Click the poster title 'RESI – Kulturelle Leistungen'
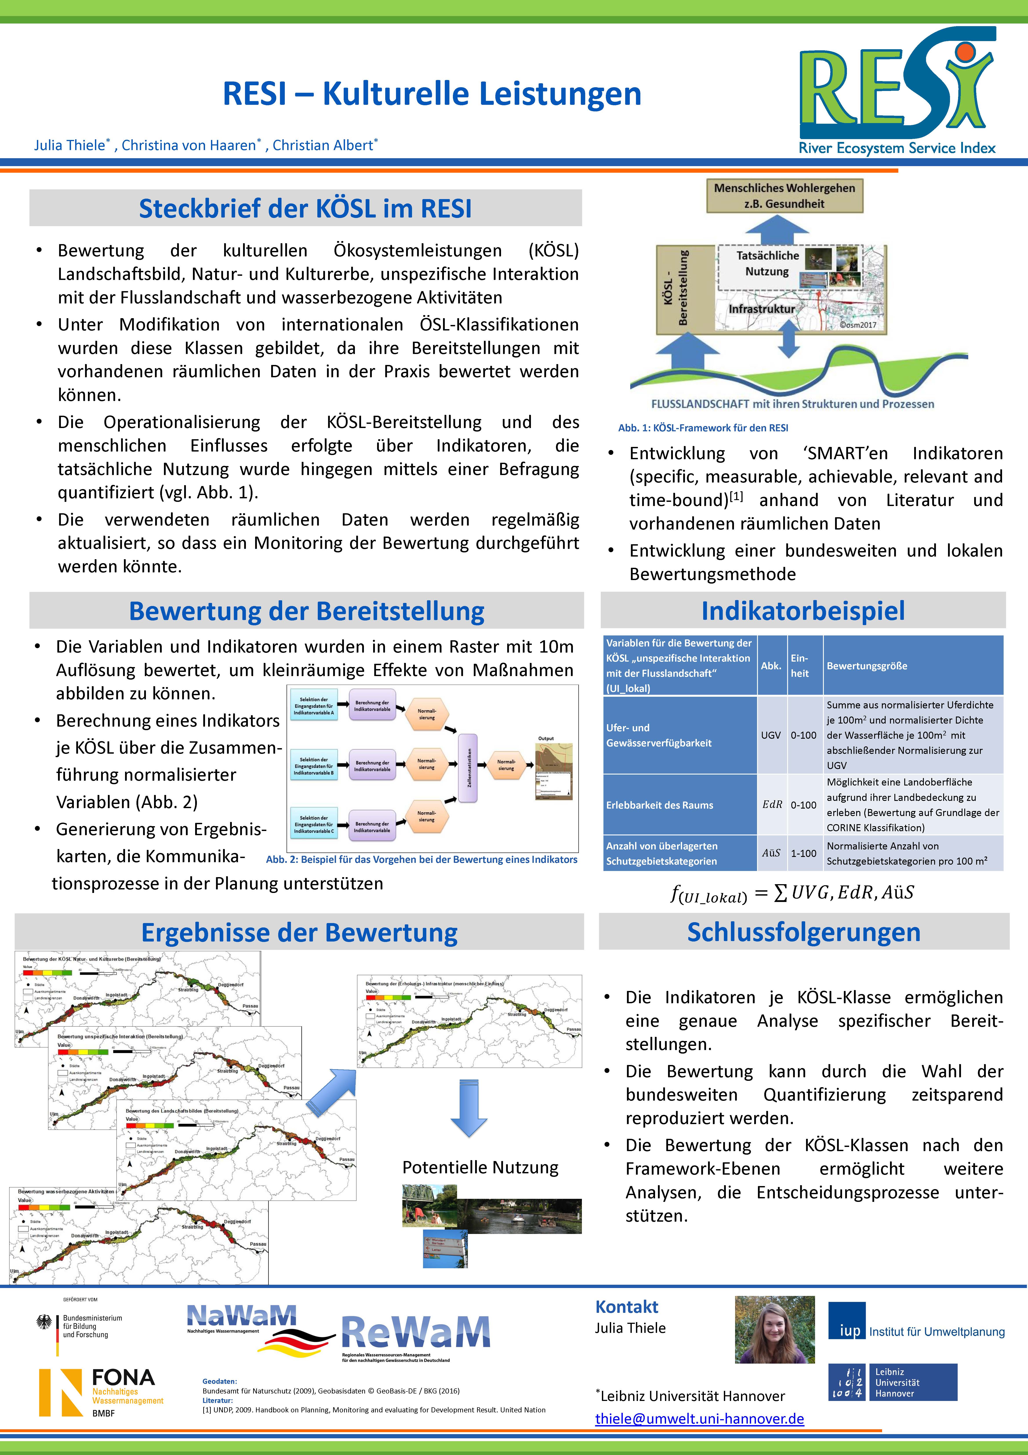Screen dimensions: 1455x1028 click(432, 94)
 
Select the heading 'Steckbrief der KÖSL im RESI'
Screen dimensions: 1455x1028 click(305, 209)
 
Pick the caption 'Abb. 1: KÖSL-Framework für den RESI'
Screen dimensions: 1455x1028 click(703, 428)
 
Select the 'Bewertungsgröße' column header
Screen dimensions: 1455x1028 click(866, 665)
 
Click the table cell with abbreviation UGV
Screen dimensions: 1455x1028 click(771, 735)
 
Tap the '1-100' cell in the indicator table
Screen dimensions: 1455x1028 click(803, 853)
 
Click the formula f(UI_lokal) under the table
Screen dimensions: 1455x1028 click(792, 894)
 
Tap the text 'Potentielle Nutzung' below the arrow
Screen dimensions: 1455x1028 click(480, 1167)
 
